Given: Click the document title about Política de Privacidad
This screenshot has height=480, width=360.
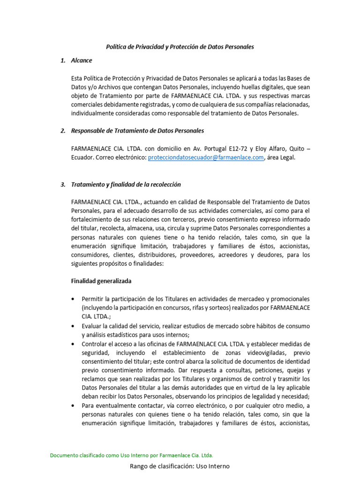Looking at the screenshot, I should (x=180, y=47).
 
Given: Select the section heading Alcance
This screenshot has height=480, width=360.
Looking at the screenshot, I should (x=82, y=60).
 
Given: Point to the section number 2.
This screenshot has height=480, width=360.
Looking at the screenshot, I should (x=63, y=130).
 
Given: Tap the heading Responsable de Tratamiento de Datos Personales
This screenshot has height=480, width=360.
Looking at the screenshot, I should (x=137, y=130).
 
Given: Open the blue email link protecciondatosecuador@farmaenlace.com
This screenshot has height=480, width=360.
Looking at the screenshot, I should (x=206, y=158).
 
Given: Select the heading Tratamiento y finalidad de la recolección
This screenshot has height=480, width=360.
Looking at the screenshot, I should (x=126, y=184).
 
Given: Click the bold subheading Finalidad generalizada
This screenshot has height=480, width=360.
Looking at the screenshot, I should (x=101, y=281).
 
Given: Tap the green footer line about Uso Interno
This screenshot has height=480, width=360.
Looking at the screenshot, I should (x=131, y=455).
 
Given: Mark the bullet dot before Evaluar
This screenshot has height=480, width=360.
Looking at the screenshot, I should (x=73, y=326).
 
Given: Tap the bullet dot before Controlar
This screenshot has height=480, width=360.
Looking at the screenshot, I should (x=73, y=344).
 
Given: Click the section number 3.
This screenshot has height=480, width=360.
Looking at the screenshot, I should (x=63, y=184).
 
